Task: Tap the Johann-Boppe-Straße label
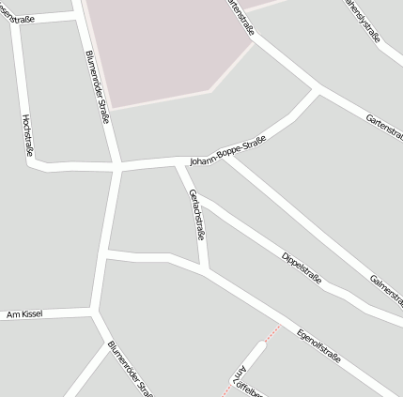[x=227, y=151]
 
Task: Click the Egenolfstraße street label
[x=318, y=344]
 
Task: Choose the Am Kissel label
[x=23, y=313]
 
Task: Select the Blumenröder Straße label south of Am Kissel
[x=130, y=369]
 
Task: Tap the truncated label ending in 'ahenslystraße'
[x=363, y=20]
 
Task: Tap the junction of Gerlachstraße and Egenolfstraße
[x=206, y=270]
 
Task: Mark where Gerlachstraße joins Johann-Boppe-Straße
[x=178, y=162]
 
